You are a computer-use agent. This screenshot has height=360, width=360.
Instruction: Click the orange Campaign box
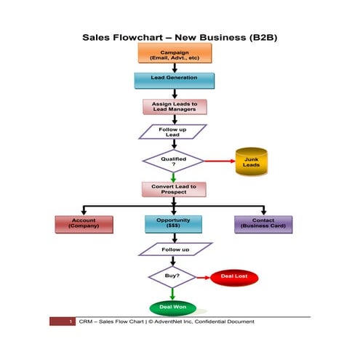click(174, 53)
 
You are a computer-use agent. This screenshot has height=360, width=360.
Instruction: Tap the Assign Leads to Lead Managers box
click(174, 106)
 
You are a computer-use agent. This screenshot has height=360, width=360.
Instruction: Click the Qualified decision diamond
click(173, 161)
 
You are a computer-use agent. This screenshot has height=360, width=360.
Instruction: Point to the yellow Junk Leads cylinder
click(251, 161)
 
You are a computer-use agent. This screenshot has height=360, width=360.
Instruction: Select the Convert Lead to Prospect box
click(174, 189)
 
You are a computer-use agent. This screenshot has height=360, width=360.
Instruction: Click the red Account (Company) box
click(84, 223)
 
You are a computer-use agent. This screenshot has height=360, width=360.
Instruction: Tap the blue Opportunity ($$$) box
click(174, 223)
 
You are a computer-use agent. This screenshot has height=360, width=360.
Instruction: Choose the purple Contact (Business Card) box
click(263, 223)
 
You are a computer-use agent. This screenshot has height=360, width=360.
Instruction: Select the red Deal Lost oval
click(234, 277)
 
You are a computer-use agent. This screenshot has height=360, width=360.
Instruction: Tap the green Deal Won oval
click(173, 308)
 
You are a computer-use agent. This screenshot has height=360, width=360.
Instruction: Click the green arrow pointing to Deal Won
click(173, 293)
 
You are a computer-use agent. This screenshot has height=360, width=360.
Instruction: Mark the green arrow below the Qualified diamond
click(173, 177)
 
